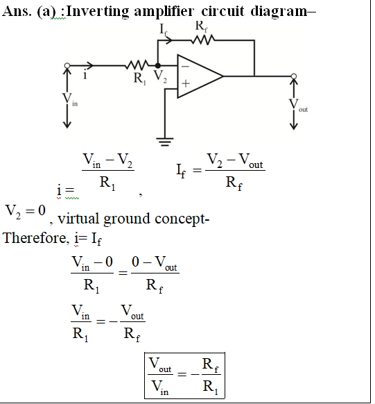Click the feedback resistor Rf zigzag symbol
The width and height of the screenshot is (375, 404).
[x=203, y=40]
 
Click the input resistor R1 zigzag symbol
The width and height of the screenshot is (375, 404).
[x=137, y=65]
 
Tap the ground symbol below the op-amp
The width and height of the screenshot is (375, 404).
[x=165, y=142]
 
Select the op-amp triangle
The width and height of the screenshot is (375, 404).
[x=200, y=76]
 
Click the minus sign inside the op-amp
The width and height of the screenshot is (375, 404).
[x=185, y=67]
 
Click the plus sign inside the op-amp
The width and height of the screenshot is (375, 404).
[x=186, y=83]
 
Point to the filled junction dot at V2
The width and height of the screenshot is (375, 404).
[x=157, y=66]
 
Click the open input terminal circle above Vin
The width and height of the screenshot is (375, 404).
[x=67, y=66]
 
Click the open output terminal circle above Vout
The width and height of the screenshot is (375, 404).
[x=294, y=76]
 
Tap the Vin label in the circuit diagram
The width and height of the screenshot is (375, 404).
[x=70, y=99]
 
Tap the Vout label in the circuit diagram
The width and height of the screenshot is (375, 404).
[x=298, y=106]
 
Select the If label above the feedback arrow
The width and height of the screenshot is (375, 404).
[x=163, y=29]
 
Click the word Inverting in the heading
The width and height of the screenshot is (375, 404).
[x=98, y=12]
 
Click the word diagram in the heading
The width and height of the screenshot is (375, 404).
[x=279, y=12]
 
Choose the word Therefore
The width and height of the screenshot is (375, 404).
[x=36, y=238]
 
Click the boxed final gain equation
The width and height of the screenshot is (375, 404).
[x=184, y=376]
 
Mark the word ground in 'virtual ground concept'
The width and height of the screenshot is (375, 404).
[x=127, y=219]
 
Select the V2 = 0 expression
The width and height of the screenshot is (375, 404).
[x=25, y=211]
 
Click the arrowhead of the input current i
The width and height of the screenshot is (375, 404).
[x=89, y=66]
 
